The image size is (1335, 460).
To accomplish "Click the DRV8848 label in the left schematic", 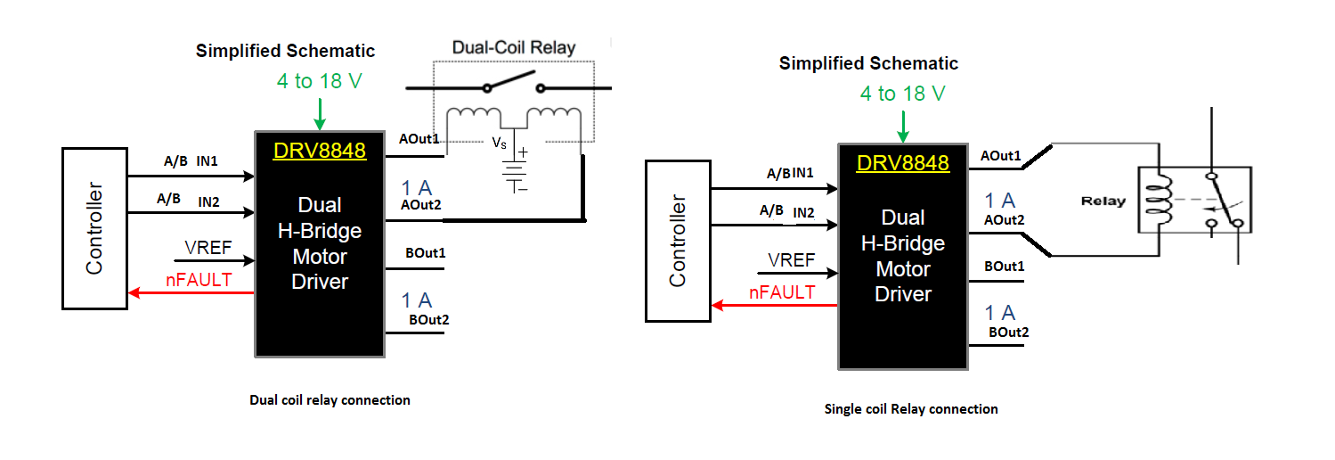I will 320,151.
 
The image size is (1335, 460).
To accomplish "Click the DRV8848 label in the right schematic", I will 903,163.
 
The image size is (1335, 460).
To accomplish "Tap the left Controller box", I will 94,228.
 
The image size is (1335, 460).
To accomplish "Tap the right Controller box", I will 678,241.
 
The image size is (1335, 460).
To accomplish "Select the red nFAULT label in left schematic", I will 199,280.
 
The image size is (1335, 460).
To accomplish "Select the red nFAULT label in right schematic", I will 782,292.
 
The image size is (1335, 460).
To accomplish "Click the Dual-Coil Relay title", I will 514,47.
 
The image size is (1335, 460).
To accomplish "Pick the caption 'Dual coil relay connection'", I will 330,400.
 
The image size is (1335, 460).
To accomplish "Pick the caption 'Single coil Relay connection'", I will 911,409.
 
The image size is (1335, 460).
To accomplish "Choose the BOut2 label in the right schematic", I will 1008,333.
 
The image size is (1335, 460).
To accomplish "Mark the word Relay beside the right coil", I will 1103,201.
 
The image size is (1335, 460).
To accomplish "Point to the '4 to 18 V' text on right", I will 902,94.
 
